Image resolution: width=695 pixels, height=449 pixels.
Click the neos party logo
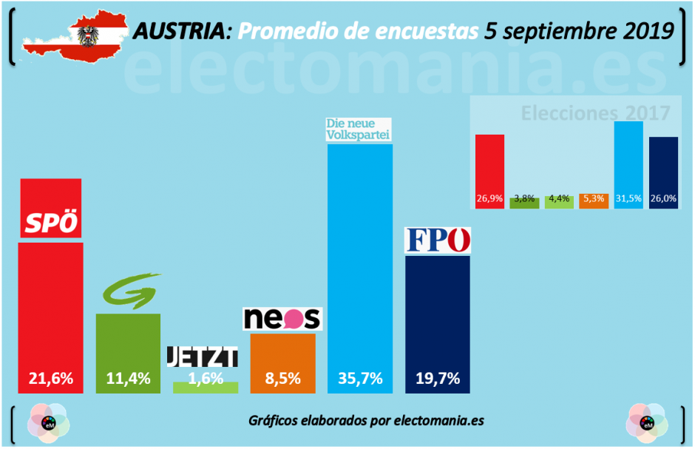click(x=282, y=318)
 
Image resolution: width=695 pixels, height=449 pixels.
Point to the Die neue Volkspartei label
click(x=359, y=129)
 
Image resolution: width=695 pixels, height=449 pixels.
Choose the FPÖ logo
click(x=438, y=240)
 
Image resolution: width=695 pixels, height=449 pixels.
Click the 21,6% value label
click(x=50, y=378)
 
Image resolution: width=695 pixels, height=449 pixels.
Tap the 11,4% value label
click(x=128, y=378)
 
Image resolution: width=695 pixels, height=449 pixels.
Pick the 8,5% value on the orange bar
click(x=282, y=378)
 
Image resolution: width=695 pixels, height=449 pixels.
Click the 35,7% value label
click(x=359, y=378)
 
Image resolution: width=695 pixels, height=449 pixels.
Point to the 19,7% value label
click(x=437, y=378)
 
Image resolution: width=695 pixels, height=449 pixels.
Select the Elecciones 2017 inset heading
click(x=595, y=113)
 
